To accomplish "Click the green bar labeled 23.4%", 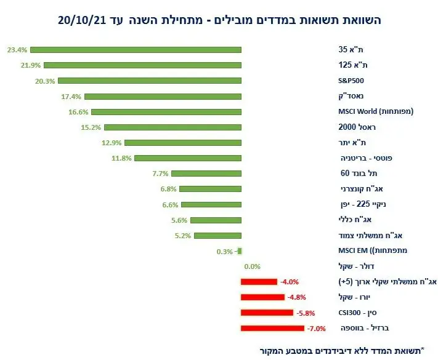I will pos(136,49).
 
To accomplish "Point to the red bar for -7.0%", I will pos(264,328).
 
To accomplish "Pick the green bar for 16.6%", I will pos(166,111).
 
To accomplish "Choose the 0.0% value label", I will pos(253,266).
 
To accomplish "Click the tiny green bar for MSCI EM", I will pos(239,251).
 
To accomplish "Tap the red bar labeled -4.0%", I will pos(259,282).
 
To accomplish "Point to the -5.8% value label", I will pos(306,313).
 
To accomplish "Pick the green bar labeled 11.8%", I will pos(188,158).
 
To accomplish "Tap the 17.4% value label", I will pos(73,96).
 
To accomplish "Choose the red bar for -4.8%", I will pos(262,297).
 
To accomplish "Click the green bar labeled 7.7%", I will pos(206,174).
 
